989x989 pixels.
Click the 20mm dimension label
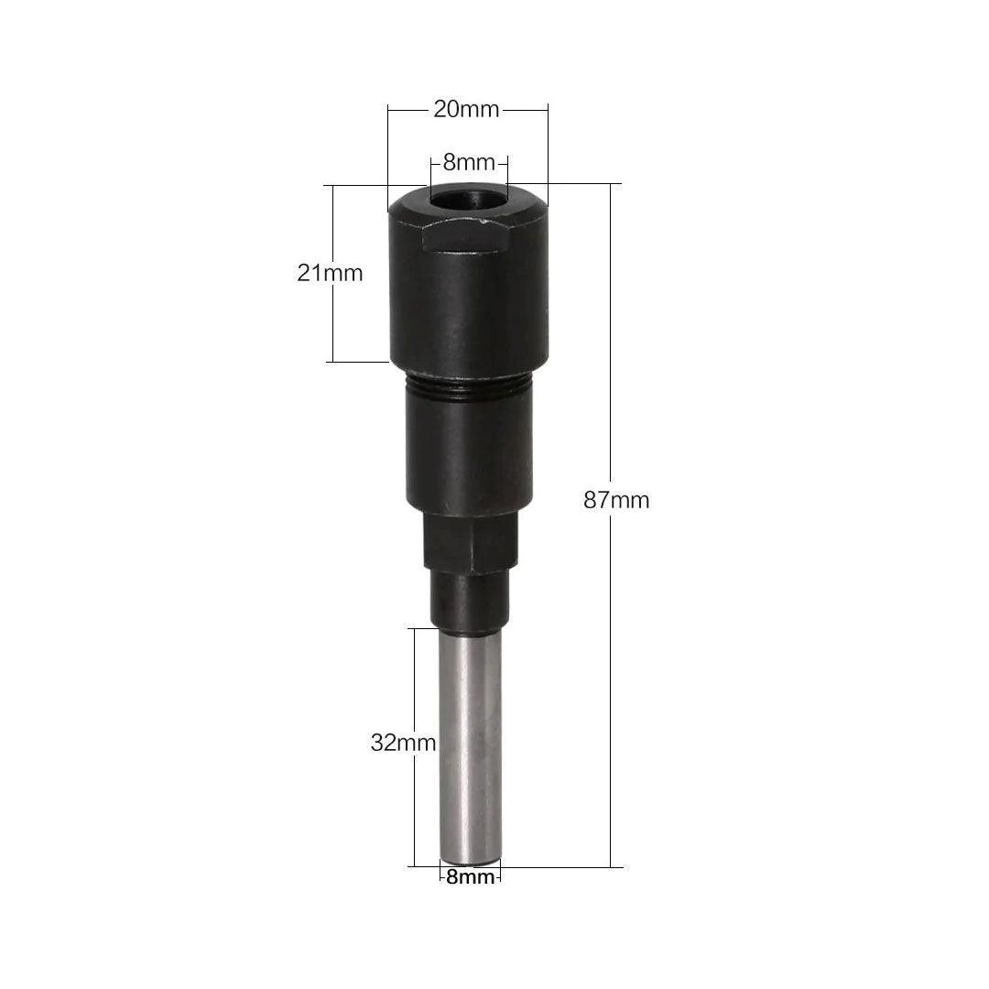[466, 110]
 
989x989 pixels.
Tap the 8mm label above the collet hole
[469, 162]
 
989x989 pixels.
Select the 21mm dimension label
[330, 273]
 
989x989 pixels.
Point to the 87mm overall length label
[616, 500]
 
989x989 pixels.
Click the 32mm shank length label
[403, 743]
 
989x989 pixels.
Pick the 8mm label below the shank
[471, 876]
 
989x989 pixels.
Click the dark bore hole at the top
[469, 196]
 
